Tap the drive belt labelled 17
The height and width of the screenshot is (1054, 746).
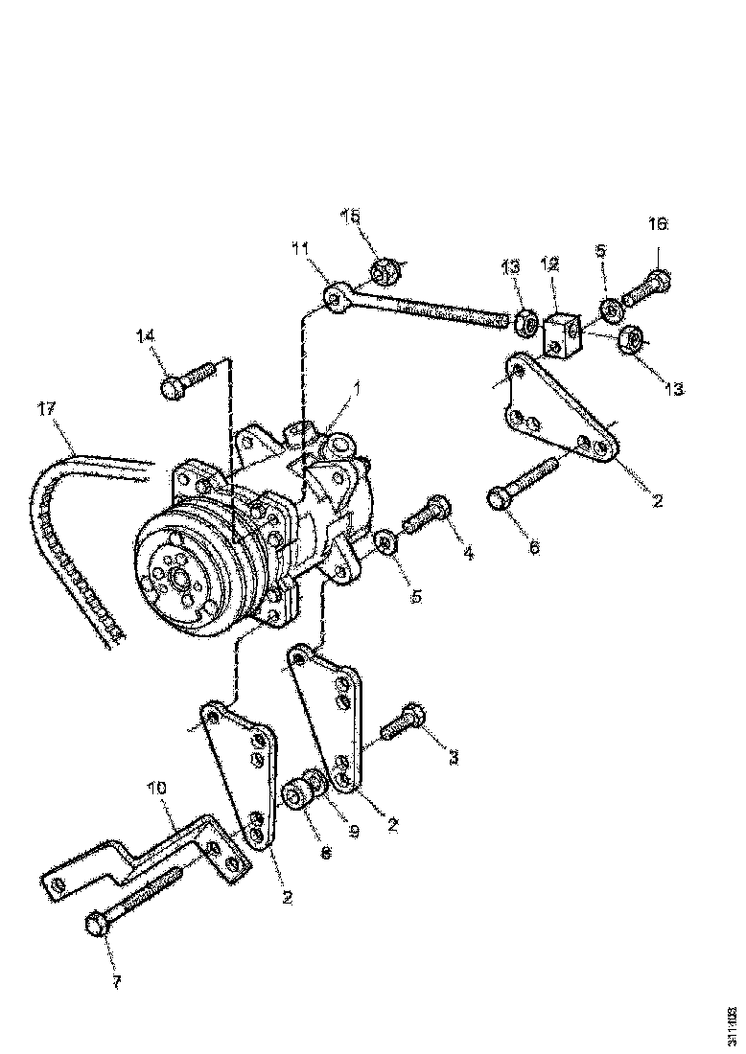click(58, 537)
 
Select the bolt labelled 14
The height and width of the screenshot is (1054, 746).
click(188, 379)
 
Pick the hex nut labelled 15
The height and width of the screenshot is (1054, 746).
click(385, 272)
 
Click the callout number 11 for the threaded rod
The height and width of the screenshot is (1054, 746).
click(301, 248)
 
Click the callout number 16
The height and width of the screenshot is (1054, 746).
click(657, 224)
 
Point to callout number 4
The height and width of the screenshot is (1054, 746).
click(467, 553)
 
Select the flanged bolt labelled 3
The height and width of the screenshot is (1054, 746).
click(403, 723)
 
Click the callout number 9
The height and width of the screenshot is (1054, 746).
click(353, 832)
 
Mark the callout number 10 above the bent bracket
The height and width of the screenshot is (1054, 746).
click(156, 788)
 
